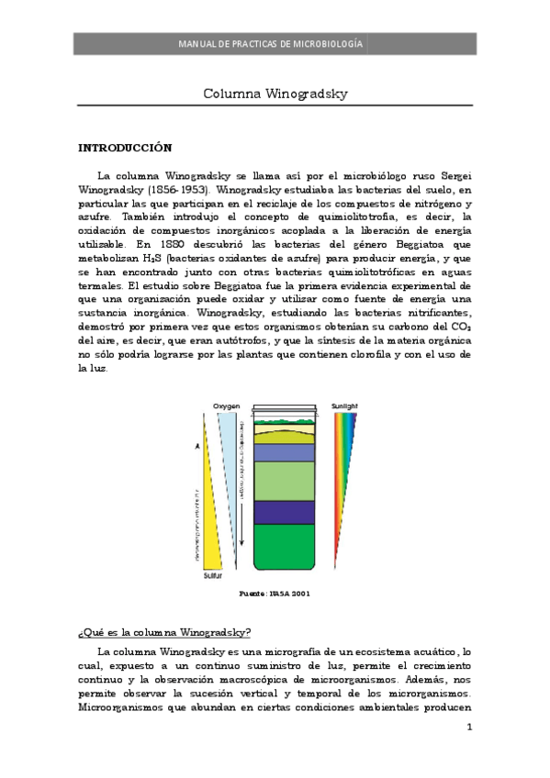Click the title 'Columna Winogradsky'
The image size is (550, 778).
[x=275, y=94]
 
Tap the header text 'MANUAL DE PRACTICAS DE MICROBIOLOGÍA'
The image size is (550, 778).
[x=275, y=43]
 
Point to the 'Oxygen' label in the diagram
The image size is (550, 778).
[x=227, y=405]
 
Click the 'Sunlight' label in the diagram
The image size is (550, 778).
[x=345, y=405]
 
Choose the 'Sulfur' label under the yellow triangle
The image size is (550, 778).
[x=212, y=576]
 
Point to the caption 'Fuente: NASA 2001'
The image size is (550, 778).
[x=275, y=594]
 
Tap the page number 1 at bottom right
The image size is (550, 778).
[x=469, y=729]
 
